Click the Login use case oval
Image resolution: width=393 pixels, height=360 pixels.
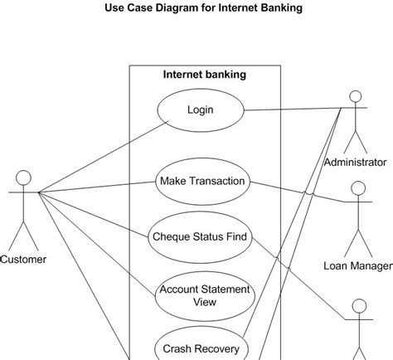pyautogui.click(x=200, y=109)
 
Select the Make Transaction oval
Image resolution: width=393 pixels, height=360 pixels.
pyautogui.click(x=202, y=181)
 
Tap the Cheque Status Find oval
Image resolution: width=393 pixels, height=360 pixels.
pyautogui.click(x=200, y=236)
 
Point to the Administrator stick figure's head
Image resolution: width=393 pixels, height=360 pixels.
pyautogui.click(x=355, y=94)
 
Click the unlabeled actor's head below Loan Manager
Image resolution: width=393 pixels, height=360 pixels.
pyautogui.click(x=359, y=306)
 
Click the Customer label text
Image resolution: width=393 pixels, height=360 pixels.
pyautogui.click(x=23, y=260)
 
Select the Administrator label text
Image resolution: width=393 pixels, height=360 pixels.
pyautogui.click(x=355, y=162)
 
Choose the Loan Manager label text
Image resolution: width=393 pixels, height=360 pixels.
pyautogui.click(x=357, y=266)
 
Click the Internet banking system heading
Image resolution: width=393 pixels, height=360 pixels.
pyautogui.click(x=204, y=75)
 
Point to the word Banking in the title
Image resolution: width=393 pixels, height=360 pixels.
pyautogui.click(x=279, y=8)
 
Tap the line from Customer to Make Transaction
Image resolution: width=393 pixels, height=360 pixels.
pyautogui.click(x=99, y=187)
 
